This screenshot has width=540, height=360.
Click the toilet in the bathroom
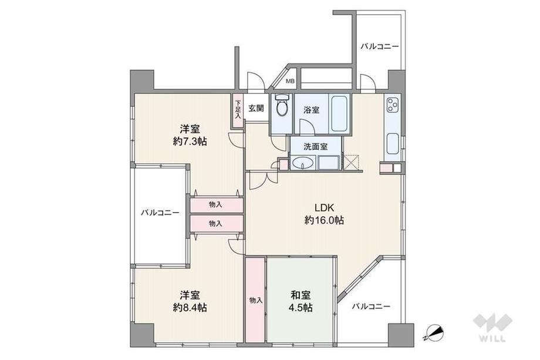point(282,106)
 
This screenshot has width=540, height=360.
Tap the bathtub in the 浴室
point(339,113)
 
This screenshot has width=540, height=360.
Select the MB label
point(291,82)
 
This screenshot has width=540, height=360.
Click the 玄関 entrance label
point(256,108)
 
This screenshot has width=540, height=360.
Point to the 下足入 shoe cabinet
point(238,111)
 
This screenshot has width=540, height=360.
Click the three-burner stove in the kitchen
point(392,105)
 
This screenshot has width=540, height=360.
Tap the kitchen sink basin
point(393,144)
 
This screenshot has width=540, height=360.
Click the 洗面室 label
point(315,146)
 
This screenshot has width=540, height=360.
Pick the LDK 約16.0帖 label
point(324,214)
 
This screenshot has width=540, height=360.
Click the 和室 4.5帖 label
point(301,301)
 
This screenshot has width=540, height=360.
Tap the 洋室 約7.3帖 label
point(190,135)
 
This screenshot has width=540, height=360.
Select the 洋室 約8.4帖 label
point(190,301)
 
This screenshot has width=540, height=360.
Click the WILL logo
point(492,327)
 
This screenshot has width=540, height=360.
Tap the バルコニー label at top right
point(379,46)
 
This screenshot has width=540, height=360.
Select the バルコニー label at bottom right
point(370,306)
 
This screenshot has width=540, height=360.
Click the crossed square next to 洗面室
point(351,162)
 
